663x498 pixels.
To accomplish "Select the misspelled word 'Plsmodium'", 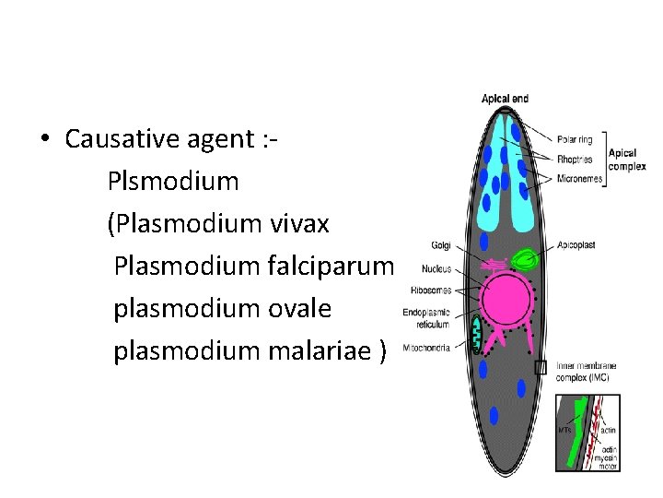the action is (x=172, y=182).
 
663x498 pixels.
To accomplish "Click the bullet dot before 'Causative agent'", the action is (x=44, y=140).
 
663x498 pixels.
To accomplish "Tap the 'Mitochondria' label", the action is (x=426, y=348).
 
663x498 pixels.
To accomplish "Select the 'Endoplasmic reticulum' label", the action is (x=426, y=318).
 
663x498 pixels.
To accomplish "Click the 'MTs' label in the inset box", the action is (x=564, y=430).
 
